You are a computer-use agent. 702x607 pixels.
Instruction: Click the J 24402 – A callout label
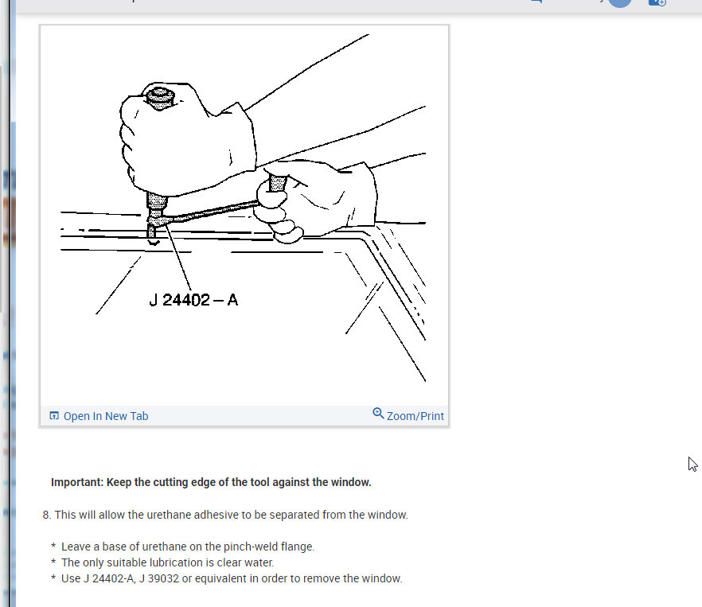[193, 300]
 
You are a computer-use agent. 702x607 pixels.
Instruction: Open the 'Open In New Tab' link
[105, 416]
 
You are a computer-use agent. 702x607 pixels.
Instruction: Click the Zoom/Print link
[415, 416]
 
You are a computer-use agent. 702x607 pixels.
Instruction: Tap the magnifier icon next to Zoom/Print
[378, 414]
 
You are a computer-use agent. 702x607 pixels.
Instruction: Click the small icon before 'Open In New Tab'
[54, 416]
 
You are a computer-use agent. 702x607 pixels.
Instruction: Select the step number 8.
[46, 515]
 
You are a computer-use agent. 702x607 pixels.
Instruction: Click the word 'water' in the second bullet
[256, 562]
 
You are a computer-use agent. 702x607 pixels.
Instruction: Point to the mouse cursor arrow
[692, 464]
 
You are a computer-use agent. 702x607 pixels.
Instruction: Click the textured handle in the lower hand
[277, 184]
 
